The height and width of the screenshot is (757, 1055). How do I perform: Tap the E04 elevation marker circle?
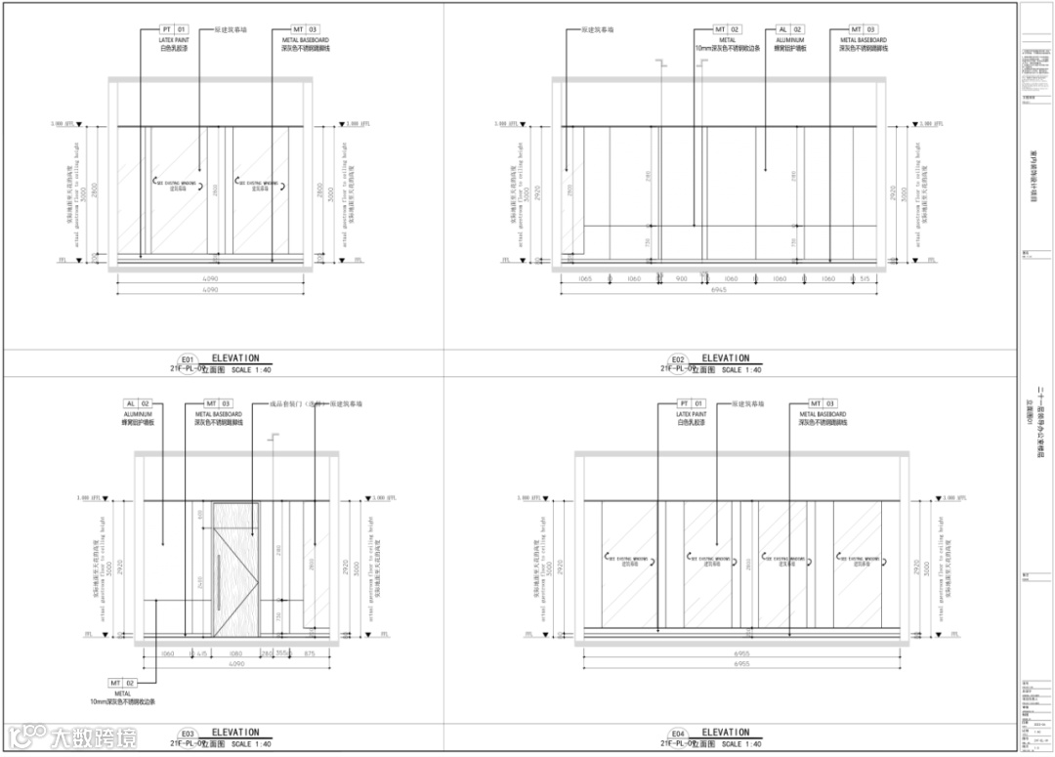[x=677, y=734]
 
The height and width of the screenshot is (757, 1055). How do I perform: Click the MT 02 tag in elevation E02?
[x=729, y=30]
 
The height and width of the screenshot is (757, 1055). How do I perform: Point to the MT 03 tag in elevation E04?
[x=823, y=403]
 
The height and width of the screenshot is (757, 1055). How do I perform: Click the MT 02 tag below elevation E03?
[x=122, y=683]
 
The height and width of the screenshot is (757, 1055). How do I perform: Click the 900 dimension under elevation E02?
[x=682, y=279]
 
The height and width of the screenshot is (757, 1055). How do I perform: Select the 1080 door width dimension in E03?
[x=234, y=653]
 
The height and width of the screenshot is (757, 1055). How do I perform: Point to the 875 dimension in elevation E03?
[x=309, y=653]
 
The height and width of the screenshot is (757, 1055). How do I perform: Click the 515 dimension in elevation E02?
[x=863, y=279]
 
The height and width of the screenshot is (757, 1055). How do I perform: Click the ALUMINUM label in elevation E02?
[x=789, y=40]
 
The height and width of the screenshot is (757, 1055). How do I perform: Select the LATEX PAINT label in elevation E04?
[x=692, y=413]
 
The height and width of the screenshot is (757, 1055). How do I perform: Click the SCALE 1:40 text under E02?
[x=741, y=370]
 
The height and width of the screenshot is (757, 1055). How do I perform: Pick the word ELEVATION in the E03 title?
[x=235, y=733]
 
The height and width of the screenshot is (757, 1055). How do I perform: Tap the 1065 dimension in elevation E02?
[x=584, y=279]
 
